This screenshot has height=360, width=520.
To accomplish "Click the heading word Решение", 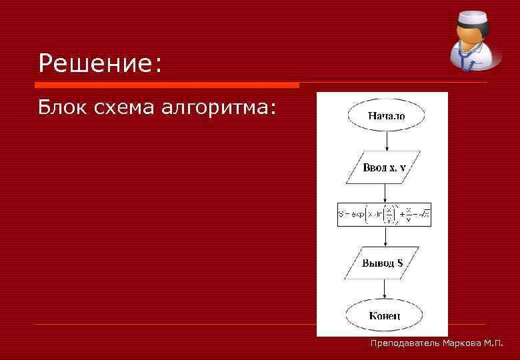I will coord(100,63).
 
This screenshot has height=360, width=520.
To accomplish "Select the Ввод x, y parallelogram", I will coord(383,167).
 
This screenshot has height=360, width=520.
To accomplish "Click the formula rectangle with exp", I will coord(384,214).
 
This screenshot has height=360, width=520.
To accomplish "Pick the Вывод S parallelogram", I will coord(382,263).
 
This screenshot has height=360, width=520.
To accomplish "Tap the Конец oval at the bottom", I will coord(384,313).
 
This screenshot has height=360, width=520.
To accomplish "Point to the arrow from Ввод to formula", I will coord(385,193).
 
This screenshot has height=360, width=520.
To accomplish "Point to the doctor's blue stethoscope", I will coord(467,60).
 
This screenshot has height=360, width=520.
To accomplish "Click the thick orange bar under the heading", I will coord(167,85).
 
